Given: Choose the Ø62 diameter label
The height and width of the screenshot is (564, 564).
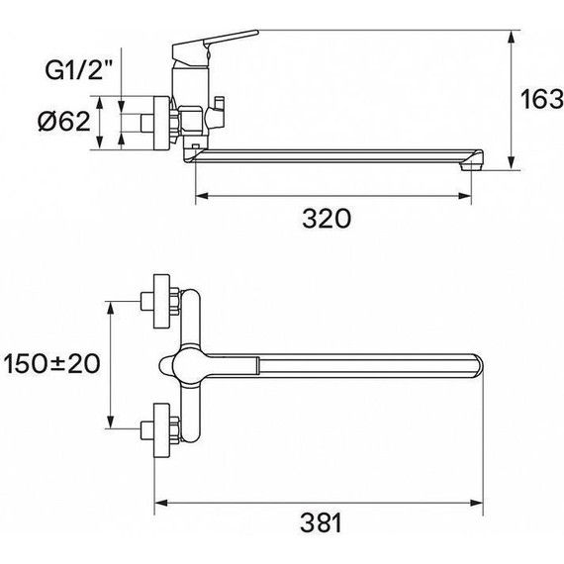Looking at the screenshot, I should point(64,122).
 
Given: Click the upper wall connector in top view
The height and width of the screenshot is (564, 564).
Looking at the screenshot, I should point(160,299).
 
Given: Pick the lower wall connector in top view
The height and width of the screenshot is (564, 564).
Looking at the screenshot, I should point(160,428).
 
